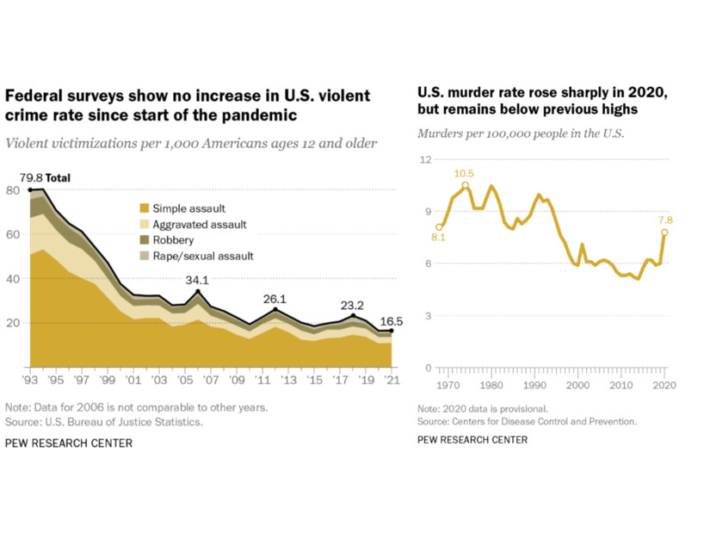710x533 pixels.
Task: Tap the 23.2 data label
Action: [352, 304]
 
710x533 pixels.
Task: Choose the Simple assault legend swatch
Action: [144, 208]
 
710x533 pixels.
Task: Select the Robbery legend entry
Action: [172, 240]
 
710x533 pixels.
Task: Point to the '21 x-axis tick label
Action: [392, 380]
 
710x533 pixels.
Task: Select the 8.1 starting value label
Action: [438, 238]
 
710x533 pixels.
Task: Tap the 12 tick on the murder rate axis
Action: [424, 160]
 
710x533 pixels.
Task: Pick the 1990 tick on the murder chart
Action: [535, 385]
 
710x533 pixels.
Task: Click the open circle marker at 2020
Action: [664, 232]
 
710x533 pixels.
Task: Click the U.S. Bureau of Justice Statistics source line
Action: [106, 422]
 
